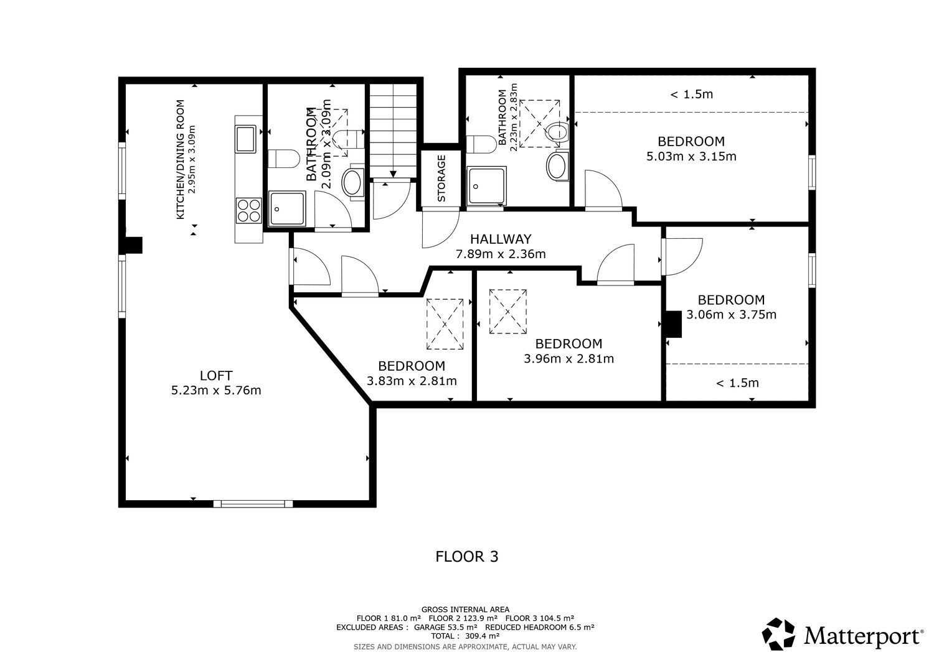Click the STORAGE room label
(x=441, y=179)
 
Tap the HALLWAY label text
(x=501, y=239)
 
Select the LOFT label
(x=216, y=376)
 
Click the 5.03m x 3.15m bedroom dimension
(x=691, y=157)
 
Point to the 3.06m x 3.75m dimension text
(x=732, y=315)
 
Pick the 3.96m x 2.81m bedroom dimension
(x=568, y=359)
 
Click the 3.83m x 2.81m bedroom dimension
(x=412, y=381)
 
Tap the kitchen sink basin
(x=245, y=139)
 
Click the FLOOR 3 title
(x=467, y=557)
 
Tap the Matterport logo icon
(x=778, y=634)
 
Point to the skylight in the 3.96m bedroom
(x=508, y=312)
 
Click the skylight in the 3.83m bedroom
(x=445, y=324)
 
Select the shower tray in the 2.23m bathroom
(x=486, y=186)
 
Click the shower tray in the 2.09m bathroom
(x=287, y=208)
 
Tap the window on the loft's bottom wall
(x=253, y=504)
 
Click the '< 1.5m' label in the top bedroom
(x=691, y=95)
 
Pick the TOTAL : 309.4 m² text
(x=465, y=636)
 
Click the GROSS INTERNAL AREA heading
(x=465, y=610)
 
